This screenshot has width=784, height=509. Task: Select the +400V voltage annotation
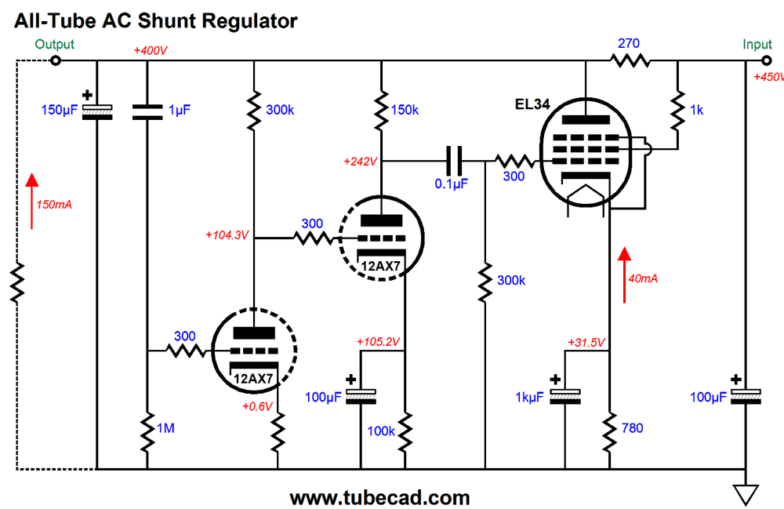[151, 51]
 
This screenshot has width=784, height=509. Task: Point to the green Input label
[757, 45]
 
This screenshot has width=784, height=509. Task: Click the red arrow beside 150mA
[31, 201]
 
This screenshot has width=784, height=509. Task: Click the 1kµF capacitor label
[529, 398]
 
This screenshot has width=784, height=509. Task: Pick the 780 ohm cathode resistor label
[634, 428]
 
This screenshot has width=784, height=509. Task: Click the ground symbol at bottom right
[746, 495]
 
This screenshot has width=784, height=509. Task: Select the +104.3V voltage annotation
[227, 235]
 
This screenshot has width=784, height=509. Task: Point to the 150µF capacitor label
[59, 111]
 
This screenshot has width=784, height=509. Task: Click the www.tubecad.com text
[379, 497]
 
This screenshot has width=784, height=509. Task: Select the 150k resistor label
[405, 111]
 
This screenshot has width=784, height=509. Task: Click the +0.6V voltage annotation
[258, 406]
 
